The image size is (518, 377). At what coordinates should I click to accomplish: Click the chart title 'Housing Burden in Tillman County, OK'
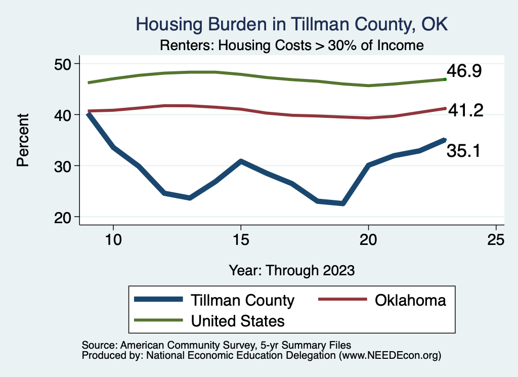(292, 24)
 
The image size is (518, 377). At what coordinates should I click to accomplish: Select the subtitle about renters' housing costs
(291, 45)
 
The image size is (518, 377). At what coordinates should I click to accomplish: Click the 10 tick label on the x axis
(113, 240)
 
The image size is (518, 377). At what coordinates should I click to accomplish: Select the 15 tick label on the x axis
(241, 240)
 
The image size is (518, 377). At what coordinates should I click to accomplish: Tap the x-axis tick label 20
(368, 240)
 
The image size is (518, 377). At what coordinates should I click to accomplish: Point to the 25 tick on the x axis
(496, 240)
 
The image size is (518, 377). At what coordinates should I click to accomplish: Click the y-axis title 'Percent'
(23, 140)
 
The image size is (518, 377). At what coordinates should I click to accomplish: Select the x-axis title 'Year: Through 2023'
(291, 270)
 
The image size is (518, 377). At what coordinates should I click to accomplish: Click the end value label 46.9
(463, 71)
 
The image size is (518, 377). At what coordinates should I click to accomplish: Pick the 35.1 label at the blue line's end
(463, 150)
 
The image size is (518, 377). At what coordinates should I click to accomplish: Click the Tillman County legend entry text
(242, 300)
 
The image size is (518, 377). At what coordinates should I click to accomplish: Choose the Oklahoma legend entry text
(410, 300)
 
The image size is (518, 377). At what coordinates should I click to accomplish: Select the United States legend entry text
(237, 320)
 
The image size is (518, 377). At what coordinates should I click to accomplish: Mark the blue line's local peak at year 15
(241, 161)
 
